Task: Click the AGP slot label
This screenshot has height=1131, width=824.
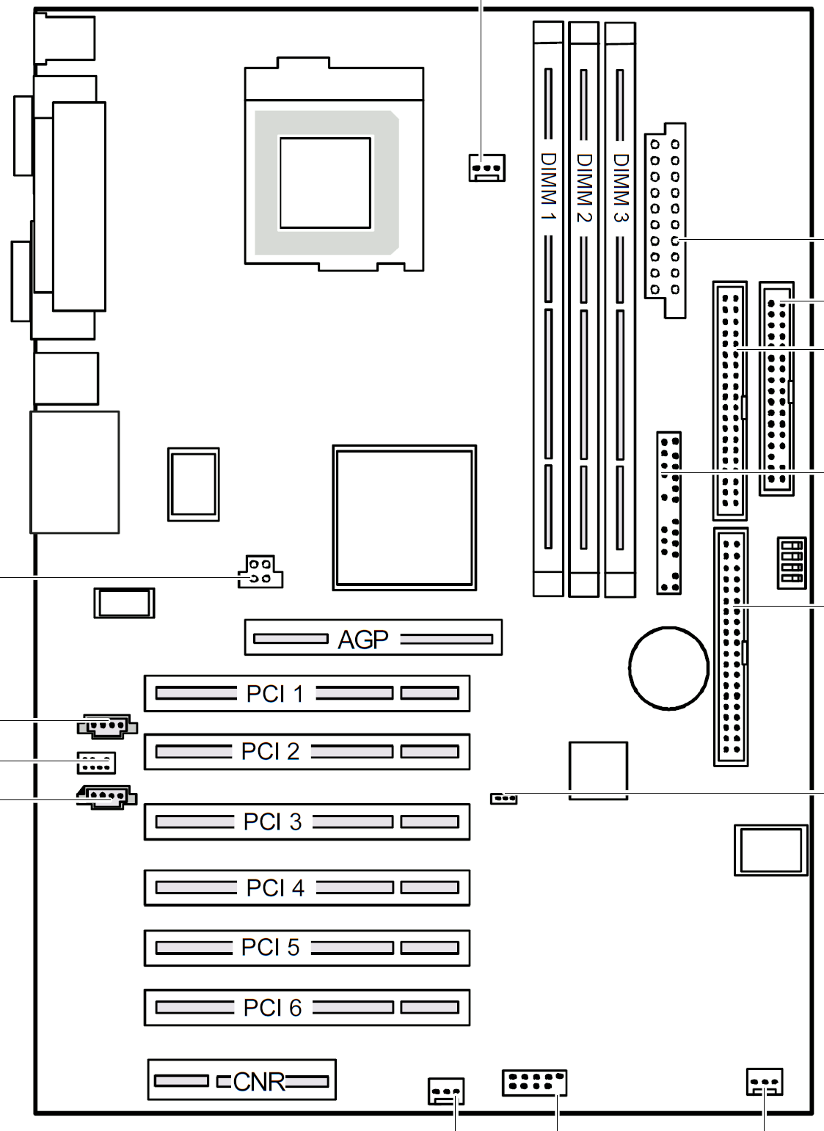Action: [x=362, y=640]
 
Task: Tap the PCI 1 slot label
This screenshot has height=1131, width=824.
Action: [x=275, y=694]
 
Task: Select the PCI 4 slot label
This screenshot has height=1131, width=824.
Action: [x=275, y=887]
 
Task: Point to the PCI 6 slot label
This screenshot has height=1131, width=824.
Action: [x=273, y=1007]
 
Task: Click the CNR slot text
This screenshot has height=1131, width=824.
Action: [x=259, y=1082]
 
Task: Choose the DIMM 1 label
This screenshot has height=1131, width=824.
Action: [x=548, y=187]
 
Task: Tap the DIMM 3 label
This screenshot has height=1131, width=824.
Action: [x=621, y=188]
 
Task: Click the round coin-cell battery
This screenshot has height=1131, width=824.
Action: [x=668, y=668]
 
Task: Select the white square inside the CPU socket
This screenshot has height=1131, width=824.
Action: [x=325, y=183]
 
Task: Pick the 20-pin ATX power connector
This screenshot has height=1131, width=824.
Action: [x=665, y=220]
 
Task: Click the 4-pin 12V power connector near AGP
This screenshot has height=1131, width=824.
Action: [x=260, y=571]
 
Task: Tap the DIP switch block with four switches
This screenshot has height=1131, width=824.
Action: [x=792, y=563]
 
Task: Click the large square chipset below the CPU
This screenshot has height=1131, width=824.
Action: [x=404, y=518]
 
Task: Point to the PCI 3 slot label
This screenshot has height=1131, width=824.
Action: [x=273, y=821]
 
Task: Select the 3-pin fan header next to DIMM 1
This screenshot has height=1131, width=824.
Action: [x=486, y=168]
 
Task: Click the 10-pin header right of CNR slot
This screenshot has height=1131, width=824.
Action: [x=534, y=1083]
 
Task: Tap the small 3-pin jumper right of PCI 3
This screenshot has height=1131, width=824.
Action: [x=503, y=798]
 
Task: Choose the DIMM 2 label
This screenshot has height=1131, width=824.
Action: [x=584, y=188]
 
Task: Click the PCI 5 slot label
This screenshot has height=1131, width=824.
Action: [x=270, y=947]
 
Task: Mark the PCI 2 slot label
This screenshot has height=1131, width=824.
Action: [x=270, y=751]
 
